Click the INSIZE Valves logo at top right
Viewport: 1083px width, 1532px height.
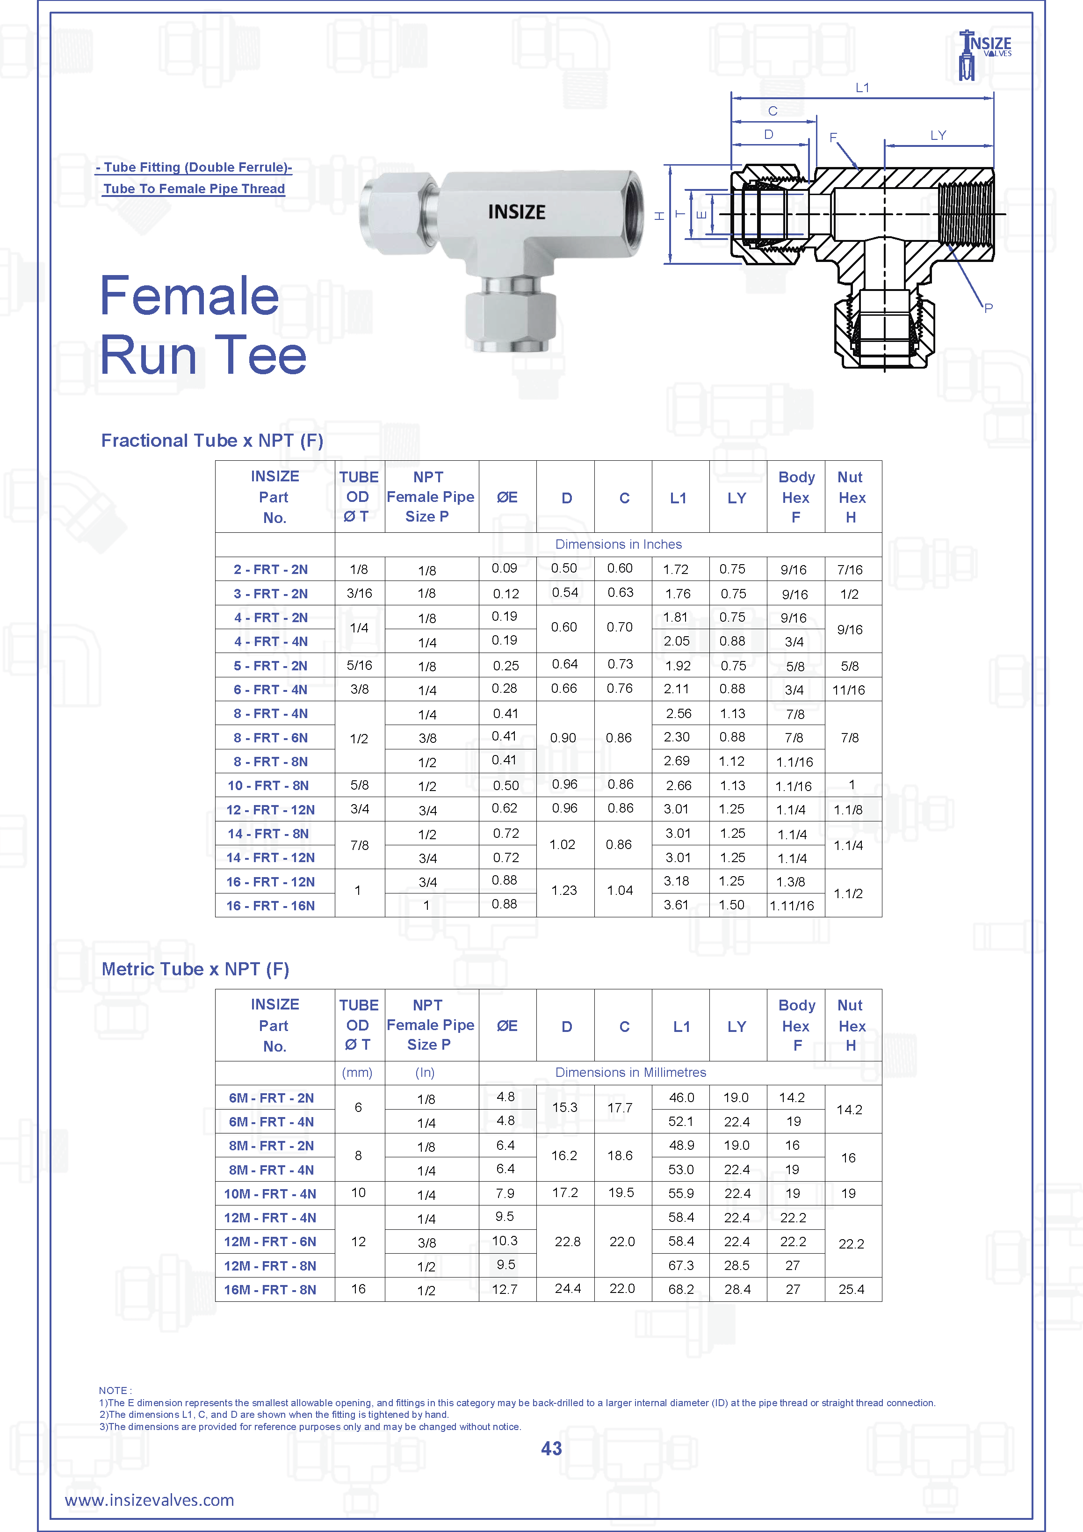(984, 53)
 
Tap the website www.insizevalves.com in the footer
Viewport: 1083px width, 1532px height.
(149, 1500)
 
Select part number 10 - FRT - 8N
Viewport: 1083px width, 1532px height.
(268, 785)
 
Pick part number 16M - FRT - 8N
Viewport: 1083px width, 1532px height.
(270, 1289)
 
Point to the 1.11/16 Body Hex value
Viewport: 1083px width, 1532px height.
(792, 906)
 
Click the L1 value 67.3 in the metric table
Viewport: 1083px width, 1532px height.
(681, 1265)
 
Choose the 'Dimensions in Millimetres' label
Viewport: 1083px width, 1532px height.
(630, 1072)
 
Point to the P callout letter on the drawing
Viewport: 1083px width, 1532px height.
(988, 308)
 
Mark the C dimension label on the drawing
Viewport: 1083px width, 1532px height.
(773, 111)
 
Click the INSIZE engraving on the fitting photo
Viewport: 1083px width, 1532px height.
(516, 212)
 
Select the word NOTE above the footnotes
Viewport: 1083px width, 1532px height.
(114, 1390)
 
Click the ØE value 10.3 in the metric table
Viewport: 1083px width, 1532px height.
(505, 1241)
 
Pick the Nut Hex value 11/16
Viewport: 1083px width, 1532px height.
(848, 690)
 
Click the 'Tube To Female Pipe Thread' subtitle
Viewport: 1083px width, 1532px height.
(194, 189)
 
